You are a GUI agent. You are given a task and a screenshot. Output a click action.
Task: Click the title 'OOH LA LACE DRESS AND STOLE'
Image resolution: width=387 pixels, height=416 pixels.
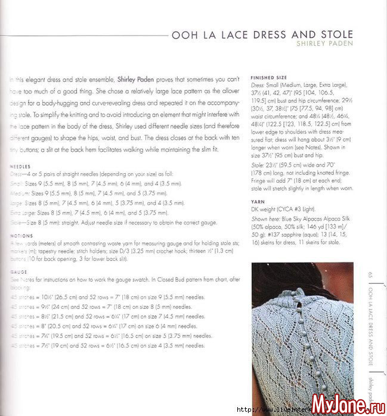click(x=262, y=35)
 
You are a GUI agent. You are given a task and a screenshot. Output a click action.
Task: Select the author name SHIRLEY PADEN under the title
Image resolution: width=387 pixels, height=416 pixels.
click(x=324, y=44)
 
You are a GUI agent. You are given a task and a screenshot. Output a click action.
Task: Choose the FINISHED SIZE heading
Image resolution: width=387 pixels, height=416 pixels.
click(x=268, y=78)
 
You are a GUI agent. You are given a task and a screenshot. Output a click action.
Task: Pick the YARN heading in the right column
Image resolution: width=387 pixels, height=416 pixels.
click(x=258, y=201)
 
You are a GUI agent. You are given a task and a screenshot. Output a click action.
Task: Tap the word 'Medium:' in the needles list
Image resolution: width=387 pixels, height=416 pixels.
click(x=20, y=193)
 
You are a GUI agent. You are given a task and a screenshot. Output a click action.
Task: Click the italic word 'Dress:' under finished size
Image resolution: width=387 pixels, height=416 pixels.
click(x=258, y=85)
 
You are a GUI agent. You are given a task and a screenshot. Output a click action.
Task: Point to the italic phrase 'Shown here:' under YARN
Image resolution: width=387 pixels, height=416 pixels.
click(x=264, y=218)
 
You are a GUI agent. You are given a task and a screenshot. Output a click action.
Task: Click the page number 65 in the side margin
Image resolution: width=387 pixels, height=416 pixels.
click(x=370, y=274)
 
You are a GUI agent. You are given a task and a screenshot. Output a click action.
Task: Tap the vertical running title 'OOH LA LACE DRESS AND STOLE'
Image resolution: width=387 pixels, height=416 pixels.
click(x=370, y=322)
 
